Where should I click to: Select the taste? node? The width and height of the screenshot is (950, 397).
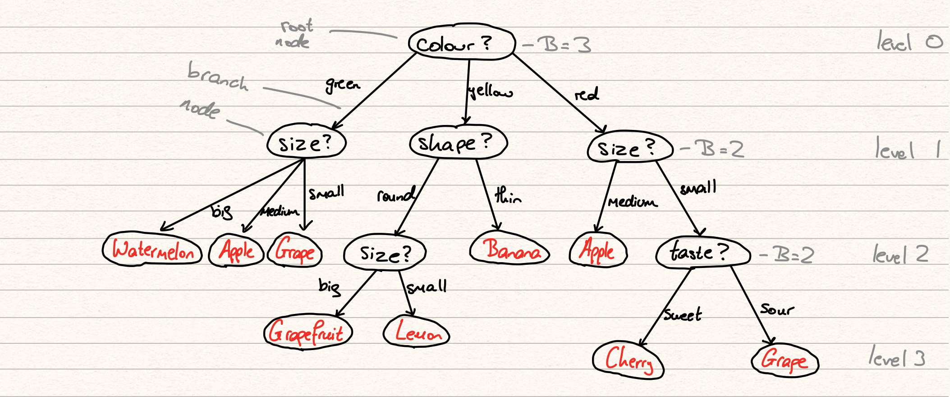[x=702, y=253]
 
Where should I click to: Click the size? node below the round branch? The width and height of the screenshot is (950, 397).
[x=385, y=254]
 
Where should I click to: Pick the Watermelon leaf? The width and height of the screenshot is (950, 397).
[x=152, y=249]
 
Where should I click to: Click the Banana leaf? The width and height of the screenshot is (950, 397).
[x=509, y=249]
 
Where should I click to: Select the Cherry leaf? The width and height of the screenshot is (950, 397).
[x=628, y=360]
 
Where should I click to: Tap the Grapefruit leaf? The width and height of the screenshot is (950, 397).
[x=307, y=332]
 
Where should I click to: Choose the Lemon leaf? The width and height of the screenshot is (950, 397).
[x=416, y=332]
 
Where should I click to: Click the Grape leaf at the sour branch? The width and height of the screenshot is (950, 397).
[x=785, y=360]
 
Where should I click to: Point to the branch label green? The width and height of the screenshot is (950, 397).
[x=343, y=84]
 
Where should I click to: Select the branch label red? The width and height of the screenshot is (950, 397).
[x=586, y=94]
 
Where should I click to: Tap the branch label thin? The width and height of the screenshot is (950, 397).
[x=508, y=196]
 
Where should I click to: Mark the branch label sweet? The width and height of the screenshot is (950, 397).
[x=683, y=314]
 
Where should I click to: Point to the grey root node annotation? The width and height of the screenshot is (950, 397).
[x=294, y=34]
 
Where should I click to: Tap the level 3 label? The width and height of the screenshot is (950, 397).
[x=897, y=358]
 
